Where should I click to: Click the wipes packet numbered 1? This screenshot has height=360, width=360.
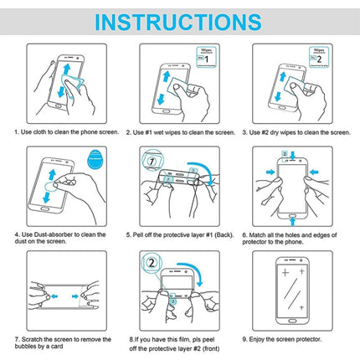[205, 57]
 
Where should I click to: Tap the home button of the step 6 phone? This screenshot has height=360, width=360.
[296, 219]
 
